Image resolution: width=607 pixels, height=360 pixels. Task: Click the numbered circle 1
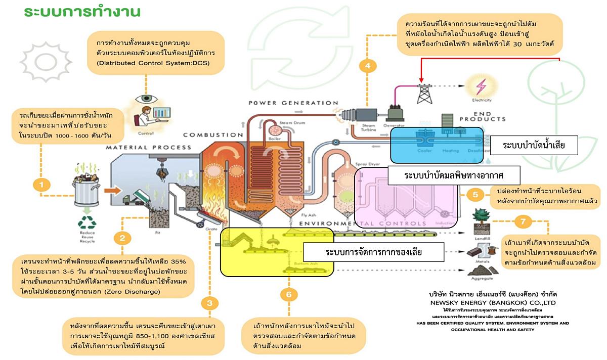coord(41,185)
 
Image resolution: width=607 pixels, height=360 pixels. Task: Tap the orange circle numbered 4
coord(368,65)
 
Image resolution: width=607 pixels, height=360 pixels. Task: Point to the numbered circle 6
coord(288,295)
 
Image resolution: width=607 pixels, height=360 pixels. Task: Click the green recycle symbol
coord(86,222)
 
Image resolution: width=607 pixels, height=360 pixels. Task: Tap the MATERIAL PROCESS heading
coord(148,147)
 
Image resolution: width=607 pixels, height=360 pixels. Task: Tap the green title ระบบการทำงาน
coord(82,12)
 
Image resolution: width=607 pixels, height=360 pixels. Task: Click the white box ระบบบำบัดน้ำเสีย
coord(533,146)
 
